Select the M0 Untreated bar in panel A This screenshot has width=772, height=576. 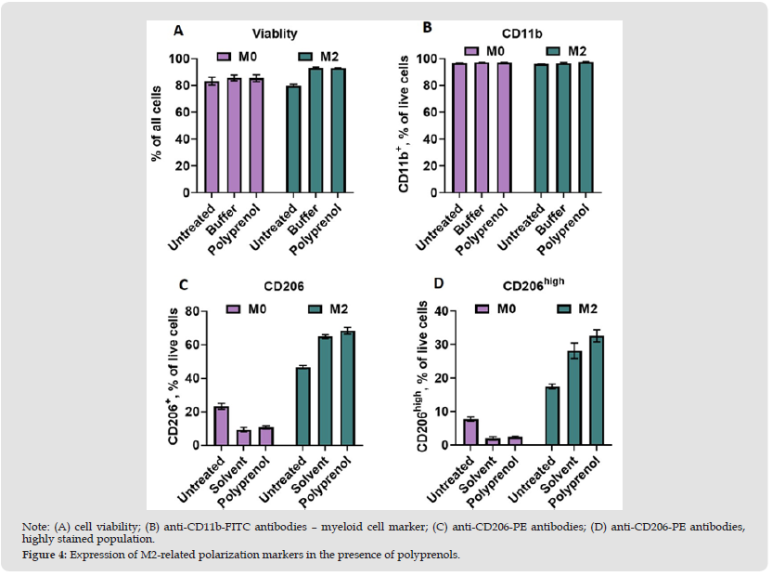(x=212, y=137)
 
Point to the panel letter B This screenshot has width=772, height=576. (x=427, y=28)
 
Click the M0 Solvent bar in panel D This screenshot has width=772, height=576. (x=494, y=441)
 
